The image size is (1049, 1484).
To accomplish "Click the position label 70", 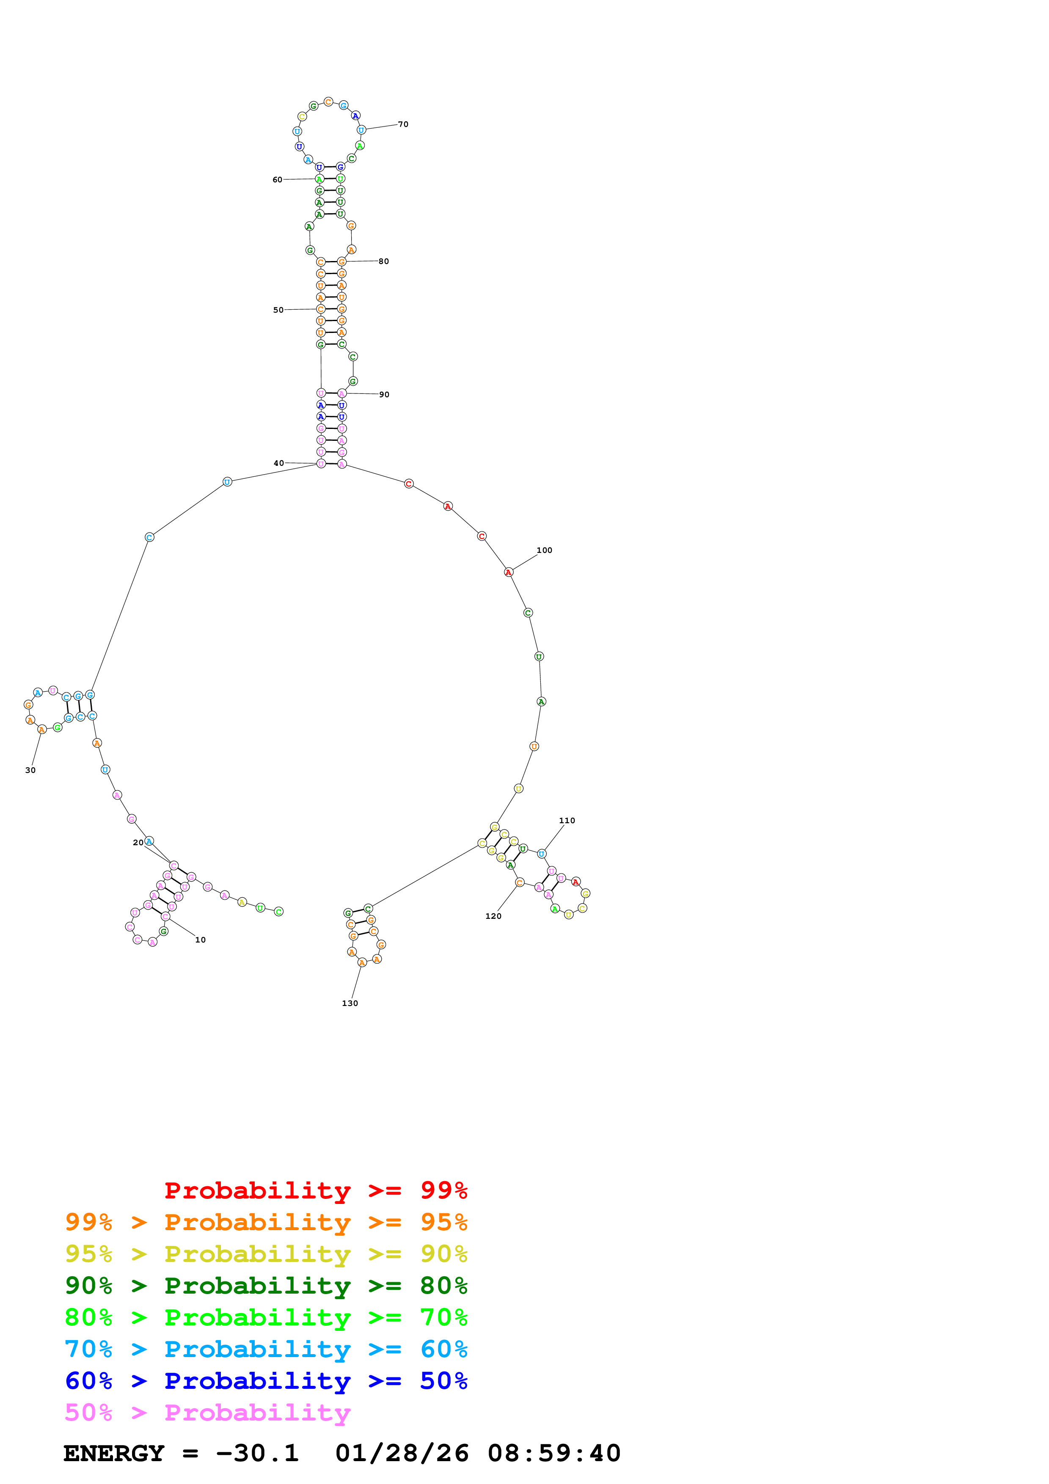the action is (403, 124).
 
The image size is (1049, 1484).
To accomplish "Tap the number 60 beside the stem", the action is (277, 180).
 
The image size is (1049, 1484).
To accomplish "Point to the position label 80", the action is (383, 261).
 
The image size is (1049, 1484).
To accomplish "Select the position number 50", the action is (278, 310).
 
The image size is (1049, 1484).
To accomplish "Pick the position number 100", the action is (544, 550).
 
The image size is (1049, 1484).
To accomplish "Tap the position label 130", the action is (350, 1003).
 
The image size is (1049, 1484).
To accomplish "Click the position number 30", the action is (30, 770).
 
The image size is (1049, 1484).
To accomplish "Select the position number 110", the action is (567, 820).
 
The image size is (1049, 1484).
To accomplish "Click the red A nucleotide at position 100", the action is (509, 572).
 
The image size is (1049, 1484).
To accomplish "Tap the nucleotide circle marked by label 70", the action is (361, 130).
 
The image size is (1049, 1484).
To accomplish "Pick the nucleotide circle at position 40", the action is (321, 463).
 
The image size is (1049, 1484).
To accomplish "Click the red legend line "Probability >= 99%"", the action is (315, 1190).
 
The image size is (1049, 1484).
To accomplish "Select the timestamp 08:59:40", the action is (554, 1453).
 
